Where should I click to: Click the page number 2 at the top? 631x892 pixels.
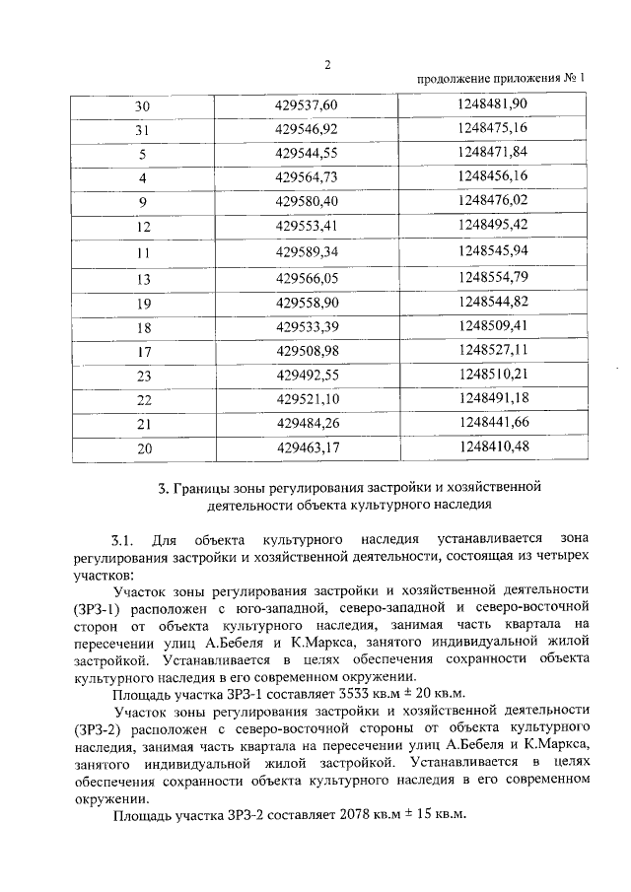coord(327,65)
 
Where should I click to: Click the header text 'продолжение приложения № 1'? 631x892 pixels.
coord(500,78)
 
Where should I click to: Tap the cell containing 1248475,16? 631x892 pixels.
coord(493,129)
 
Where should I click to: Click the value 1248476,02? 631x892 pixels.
coord(493,201)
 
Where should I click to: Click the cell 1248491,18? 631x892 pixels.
coord(493,398)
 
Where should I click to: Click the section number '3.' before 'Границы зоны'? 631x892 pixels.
coord(164,487)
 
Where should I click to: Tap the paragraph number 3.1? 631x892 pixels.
coord(122,541)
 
